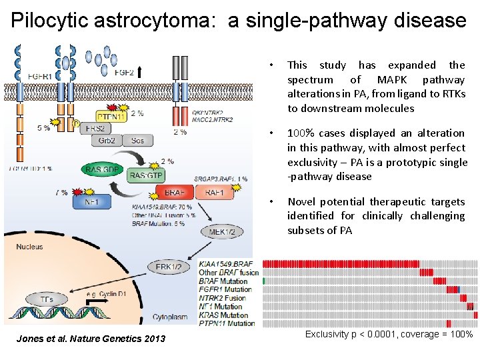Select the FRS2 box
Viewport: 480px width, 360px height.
tap(95, 127)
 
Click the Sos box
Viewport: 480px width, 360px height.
tap(137, 141)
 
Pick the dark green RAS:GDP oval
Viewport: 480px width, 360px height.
tap(102, 170)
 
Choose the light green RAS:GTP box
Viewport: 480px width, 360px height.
tap(146, 175)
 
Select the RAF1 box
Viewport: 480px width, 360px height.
tap(215, 193)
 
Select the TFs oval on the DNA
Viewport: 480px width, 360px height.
tap(46, 300)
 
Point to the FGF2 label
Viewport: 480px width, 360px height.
tap(125, 72)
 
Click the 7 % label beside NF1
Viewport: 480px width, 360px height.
tap(61, 193)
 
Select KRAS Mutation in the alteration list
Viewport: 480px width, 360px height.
tap(223, 315)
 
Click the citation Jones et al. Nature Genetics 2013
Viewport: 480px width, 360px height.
tap(92, 339)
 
